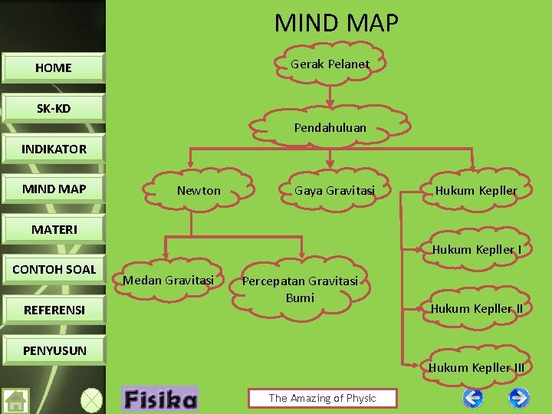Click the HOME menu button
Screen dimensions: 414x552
click(54, 67)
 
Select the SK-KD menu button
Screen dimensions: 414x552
click(54, 108)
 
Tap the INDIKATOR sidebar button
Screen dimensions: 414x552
click(54, 149)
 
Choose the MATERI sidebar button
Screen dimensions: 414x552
click(54, 229)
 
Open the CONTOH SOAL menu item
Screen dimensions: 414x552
click(54, 269)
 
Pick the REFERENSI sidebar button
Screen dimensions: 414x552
click(54, 310)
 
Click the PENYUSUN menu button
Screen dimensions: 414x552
click(54, 350)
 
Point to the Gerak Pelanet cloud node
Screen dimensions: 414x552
click(330, 64)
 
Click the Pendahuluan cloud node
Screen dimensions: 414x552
click(330, 127)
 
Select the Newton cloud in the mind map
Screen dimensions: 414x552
click(199, 190)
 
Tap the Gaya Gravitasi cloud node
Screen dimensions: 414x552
click(335, 190)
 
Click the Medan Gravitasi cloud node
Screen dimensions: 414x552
click(168, 280)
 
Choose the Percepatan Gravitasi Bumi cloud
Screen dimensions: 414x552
click(300, 289)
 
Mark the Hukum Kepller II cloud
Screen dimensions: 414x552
click(476, 309)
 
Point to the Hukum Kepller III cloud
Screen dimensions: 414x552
click(476, 367)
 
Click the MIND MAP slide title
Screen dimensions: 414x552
click(337, 23)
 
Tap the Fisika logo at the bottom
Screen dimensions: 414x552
click(159, 399)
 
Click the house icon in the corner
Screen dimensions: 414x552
click(15, 401)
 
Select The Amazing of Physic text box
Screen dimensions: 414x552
click(322, 398)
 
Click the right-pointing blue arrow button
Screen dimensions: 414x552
click(519, 398)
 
